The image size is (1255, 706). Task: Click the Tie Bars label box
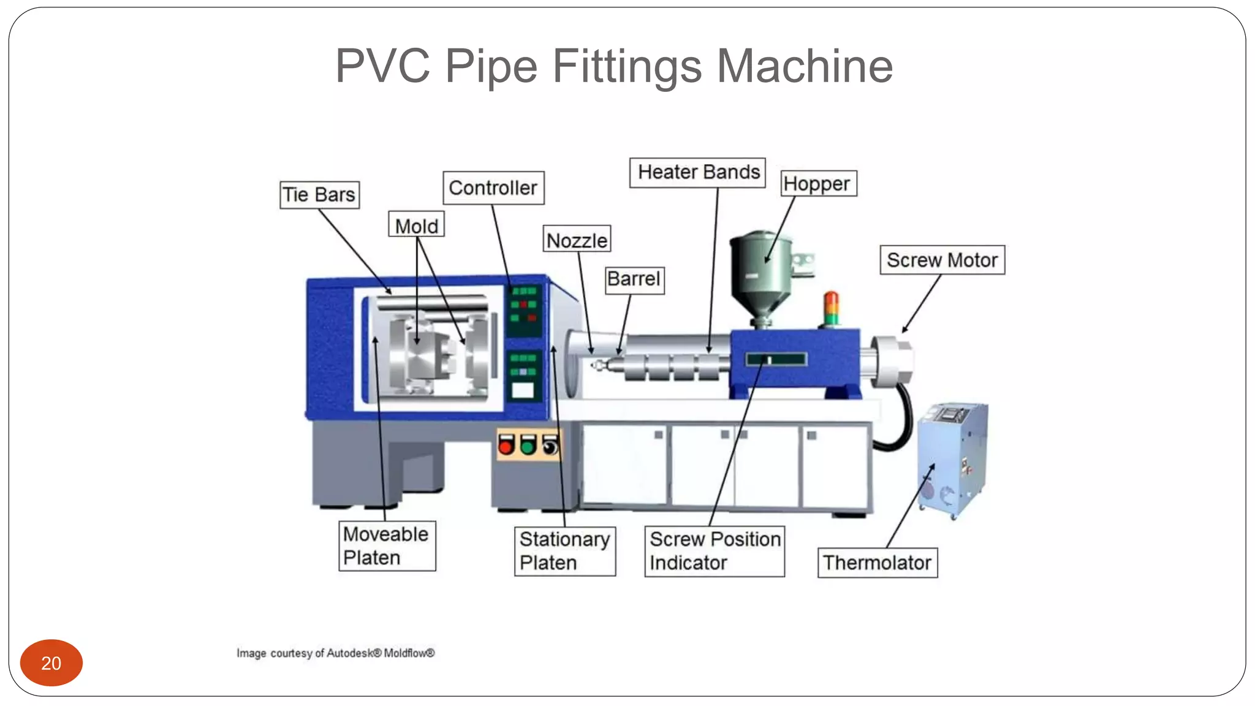click(x=319, y=195)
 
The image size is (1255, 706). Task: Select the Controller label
click(x=493, y=188)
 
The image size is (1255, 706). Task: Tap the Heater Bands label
click(x=698, y=172)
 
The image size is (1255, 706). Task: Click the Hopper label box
click(x=818, y=183)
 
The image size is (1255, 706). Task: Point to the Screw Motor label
click(x=942, y=260)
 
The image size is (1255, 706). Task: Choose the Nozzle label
click(x=577, y=240)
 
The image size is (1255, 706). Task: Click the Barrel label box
click(x=634, y=279)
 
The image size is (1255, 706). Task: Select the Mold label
click(x=416, y=226)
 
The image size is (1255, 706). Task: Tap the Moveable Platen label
click(x=387, y=545)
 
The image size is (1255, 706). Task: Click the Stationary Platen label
click(x=564, y=550)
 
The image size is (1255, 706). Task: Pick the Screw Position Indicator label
click(x=715, y=550)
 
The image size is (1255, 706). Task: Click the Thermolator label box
click(x=877, y=562)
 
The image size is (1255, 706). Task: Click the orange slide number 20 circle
click(x=51, y=662)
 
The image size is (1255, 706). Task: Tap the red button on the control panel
click(x=506, y=446)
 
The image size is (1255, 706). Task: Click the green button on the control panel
click(x=528, y=446)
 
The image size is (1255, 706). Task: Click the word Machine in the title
click(x=804, y=66)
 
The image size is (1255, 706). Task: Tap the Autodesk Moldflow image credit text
click(x=336, y=653)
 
